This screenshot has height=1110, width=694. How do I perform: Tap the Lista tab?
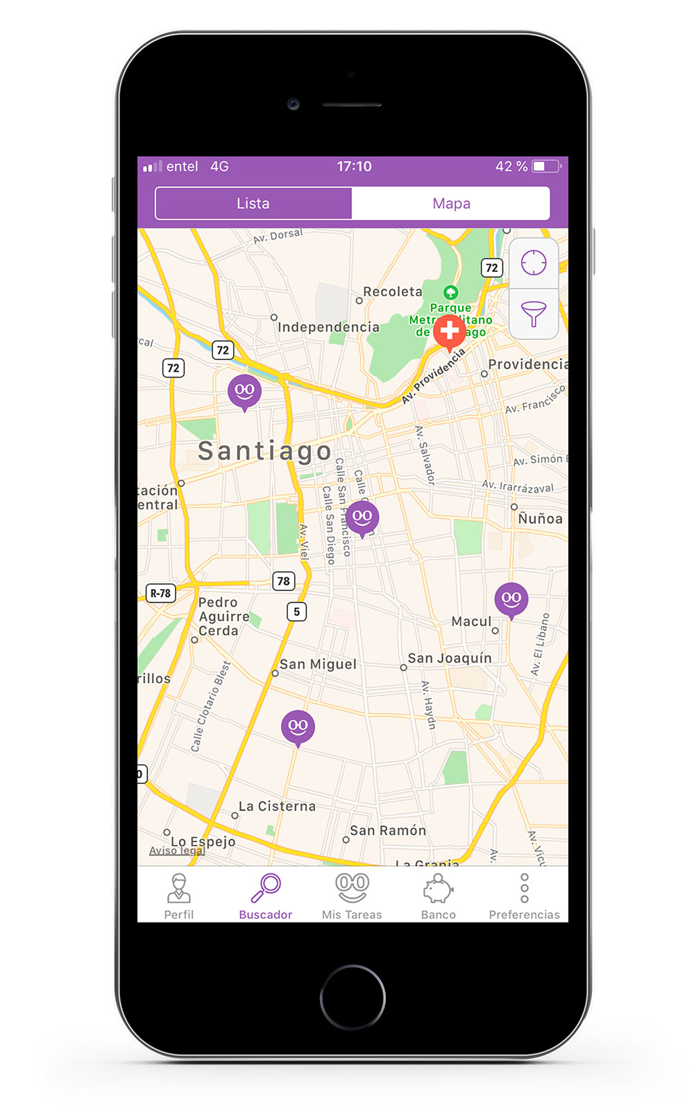click(x=253, y=203)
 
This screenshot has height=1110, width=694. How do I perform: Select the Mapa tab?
click(x=451, y=203)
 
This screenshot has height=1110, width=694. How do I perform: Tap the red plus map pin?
click(x=449, y=332)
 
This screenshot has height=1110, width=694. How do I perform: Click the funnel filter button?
click(x=534, y=314)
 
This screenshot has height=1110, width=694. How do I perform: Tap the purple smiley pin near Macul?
click(x=511, y=599)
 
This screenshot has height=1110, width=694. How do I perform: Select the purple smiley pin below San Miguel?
click(x=298, y=726)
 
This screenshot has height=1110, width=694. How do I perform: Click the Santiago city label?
click(x=265, y=451)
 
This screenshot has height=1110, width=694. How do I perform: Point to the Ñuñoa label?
click(x=540, y=518)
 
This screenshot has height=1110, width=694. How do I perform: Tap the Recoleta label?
click(x=393, y=292)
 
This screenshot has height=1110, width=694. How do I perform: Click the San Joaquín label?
click(x=450, y=658)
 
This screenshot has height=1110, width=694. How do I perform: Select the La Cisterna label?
click(x=277, y=806)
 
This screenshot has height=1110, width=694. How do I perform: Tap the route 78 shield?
click(x=283, y=581)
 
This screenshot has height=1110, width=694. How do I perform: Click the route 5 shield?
click(x=296, y=611)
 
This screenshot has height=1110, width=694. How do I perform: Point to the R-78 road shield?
click(x=160, y=593)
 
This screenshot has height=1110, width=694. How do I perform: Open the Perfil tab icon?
click(x=179, y=888)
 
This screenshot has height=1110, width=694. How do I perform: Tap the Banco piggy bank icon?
click(x=438, y=888)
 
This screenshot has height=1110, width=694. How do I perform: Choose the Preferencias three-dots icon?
click(x=524, y=888)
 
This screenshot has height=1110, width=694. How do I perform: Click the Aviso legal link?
click(x=177, y=851)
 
